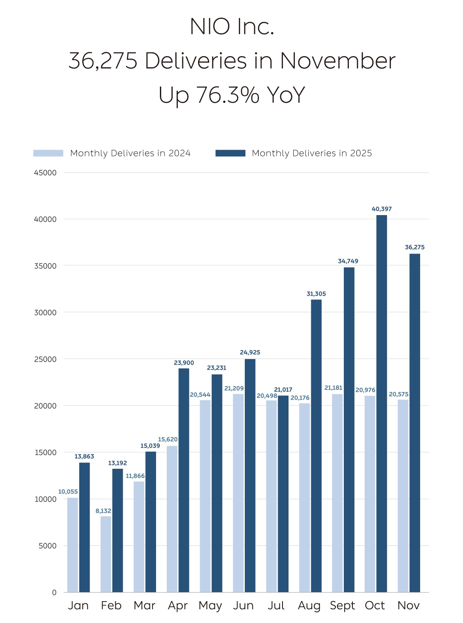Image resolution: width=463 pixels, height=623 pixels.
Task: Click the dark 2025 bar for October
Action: pyautogui.click(x=382, y=403)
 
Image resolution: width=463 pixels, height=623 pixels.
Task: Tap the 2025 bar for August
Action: pyautogui.click(x=316, y=446)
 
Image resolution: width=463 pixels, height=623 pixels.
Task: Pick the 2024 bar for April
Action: pyautogui.click(x=172, y=518)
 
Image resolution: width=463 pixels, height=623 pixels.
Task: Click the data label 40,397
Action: pyautogui.click(x=382, y=209)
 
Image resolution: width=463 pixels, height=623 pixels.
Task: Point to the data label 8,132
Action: pyautogui.click(x=103, y=511)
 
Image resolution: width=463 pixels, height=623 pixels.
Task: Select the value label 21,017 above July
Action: pyautogui.click(x=283, y=389)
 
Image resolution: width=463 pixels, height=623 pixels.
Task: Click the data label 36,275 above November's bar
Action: pyautogui.click(x=415, y=247)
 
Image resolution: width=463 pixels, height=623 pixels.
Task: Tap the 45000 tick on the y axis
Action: pyautogui.click(x=45, y=173)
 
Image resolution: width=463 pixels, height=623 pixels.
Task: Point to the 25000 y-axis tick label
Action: pyautogui.click(x=45, y=359)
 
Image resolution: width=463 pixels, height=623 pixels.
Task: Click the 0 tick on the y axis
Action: pyautogui.click(x=54, y=593)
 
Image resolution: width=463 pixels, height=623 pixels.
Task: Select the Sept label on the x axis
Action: pyautogui.click(x=342, y=606)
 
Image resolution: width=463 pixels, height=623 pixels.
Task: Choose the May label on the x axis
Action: pyautogui.click(x=210, y=606)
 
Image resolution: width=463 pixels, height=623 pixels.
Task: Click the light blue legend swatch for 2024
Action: pyautogui.click(x=48, y=153)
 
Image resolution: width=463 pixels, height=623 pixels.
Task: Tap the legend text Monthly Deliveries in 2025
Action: pyautogui.click(x=312, y=153)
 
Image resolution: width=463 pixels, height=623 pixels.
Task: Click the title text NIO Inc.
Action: pyautogui.click(x=231, y=27)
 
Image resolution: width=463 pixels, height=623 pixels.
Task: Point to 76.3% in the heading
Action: pyautogui.click(x=228, y=95)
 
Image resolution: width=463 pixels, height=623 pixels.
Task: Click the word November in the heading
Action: pyautogui.click(x=337, y=61)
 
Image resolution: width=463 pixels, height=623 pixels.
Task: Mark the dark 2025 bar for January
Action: pyautogui.click(x=84, y=527)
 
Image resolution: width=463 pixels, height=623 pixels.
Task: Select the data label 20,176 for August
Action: pyautogui.click(x=300, y=398)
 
